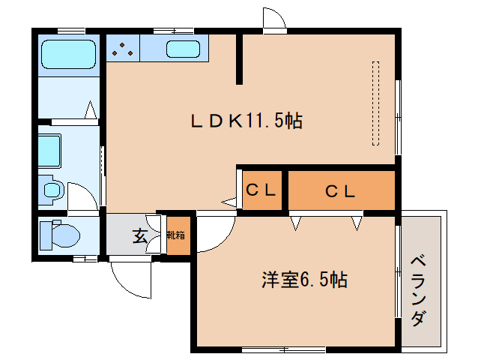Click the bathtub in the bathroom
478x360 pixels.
(x=67, y=54)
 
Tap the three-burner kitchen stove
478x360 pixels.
(x=122, y=49)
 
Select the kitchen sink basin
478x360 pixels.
(x=182, y=50)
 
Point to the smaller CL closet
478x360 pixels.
(x=261, y=190)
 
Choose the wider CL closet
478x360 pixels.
(x=341, y=190)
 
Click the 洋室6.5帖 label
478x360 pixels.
(x=303, y=280)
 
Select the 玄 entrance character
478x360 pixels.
(x=140, y=236)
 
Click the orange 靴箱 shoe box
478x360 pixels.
(x=177, y=236)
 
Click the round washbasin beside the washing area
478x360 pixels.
(x=51, y=189)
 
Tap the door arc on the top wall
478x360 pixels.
(x=274, y=19)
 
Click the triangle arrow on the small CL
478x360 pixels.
(x=229, y=201)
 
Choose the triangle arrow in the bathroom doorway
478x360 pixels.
(x=91, y=112)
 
